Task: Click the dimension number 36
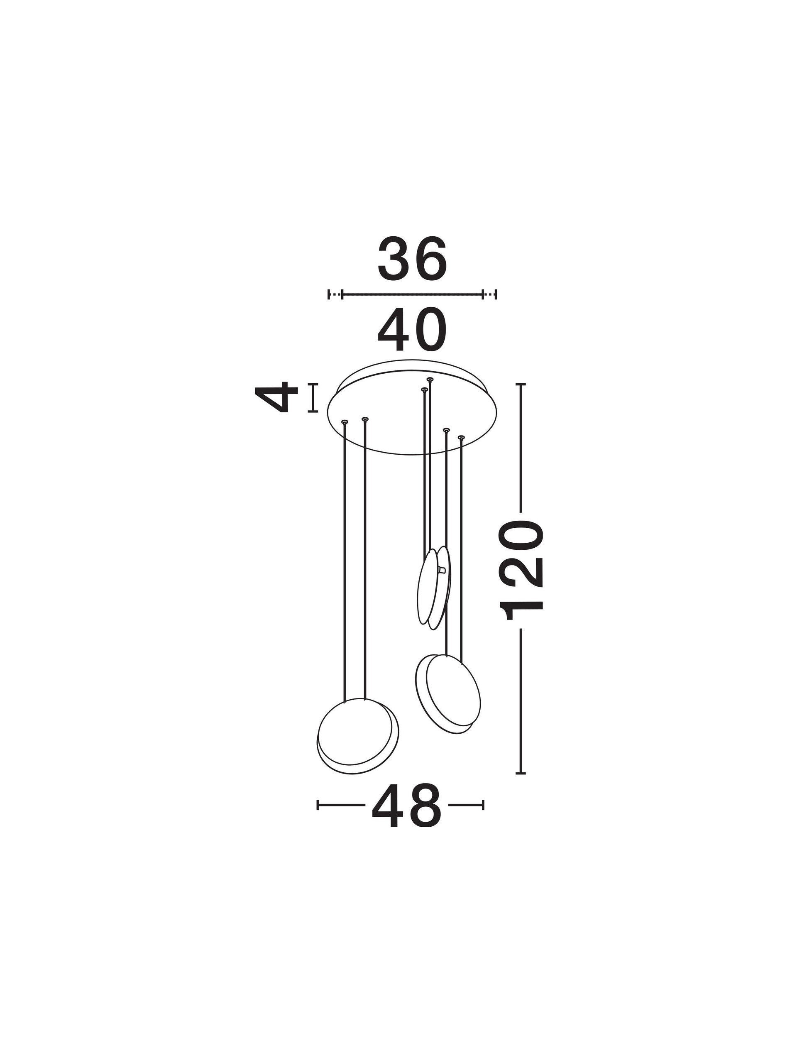click(412, 259)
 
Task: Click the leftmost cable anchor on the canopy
click(344, 422)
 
